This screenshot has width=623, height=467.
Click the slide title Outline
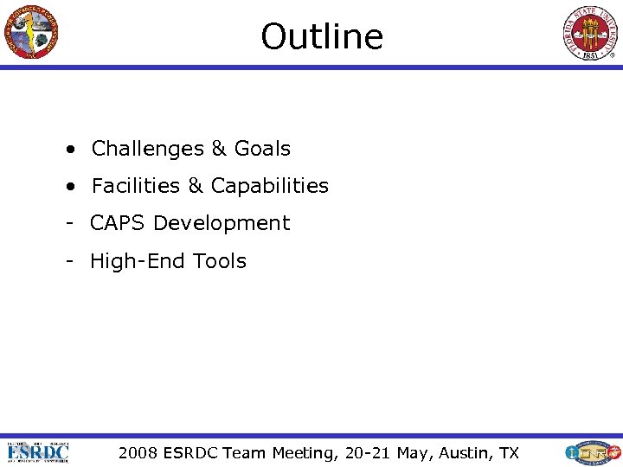[322, 36]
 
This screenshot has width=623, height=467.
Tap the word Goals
[262, 149]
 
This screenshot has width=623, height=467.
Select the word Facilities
[136, 186]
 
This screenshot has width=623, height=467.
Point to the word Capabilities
[270, 186]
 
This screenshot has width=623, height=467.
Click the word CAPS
[119, 223]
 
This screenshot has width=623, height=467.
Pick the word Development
[222, 223]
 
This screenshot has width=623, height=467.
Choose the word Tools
[220, 261]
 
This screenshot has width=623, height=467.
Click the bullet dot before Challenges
[68, 149]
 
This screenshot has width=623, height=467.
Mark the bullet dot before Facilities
[68, 186]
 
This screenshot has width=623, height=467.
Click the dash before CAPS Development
[67, 223]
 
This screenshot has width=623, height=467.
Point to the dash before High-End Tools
[67, 261]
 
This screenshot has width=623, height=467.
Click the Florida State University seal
[592, 33]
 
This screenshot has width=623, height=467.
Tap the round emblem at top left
[30, 31]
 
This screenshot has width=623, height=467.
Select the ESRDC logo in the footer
[38, 452]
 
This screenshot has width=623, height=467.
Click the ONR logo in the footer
[592, 452]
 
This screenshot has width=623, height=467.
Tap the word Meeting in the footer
[302, 452]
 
